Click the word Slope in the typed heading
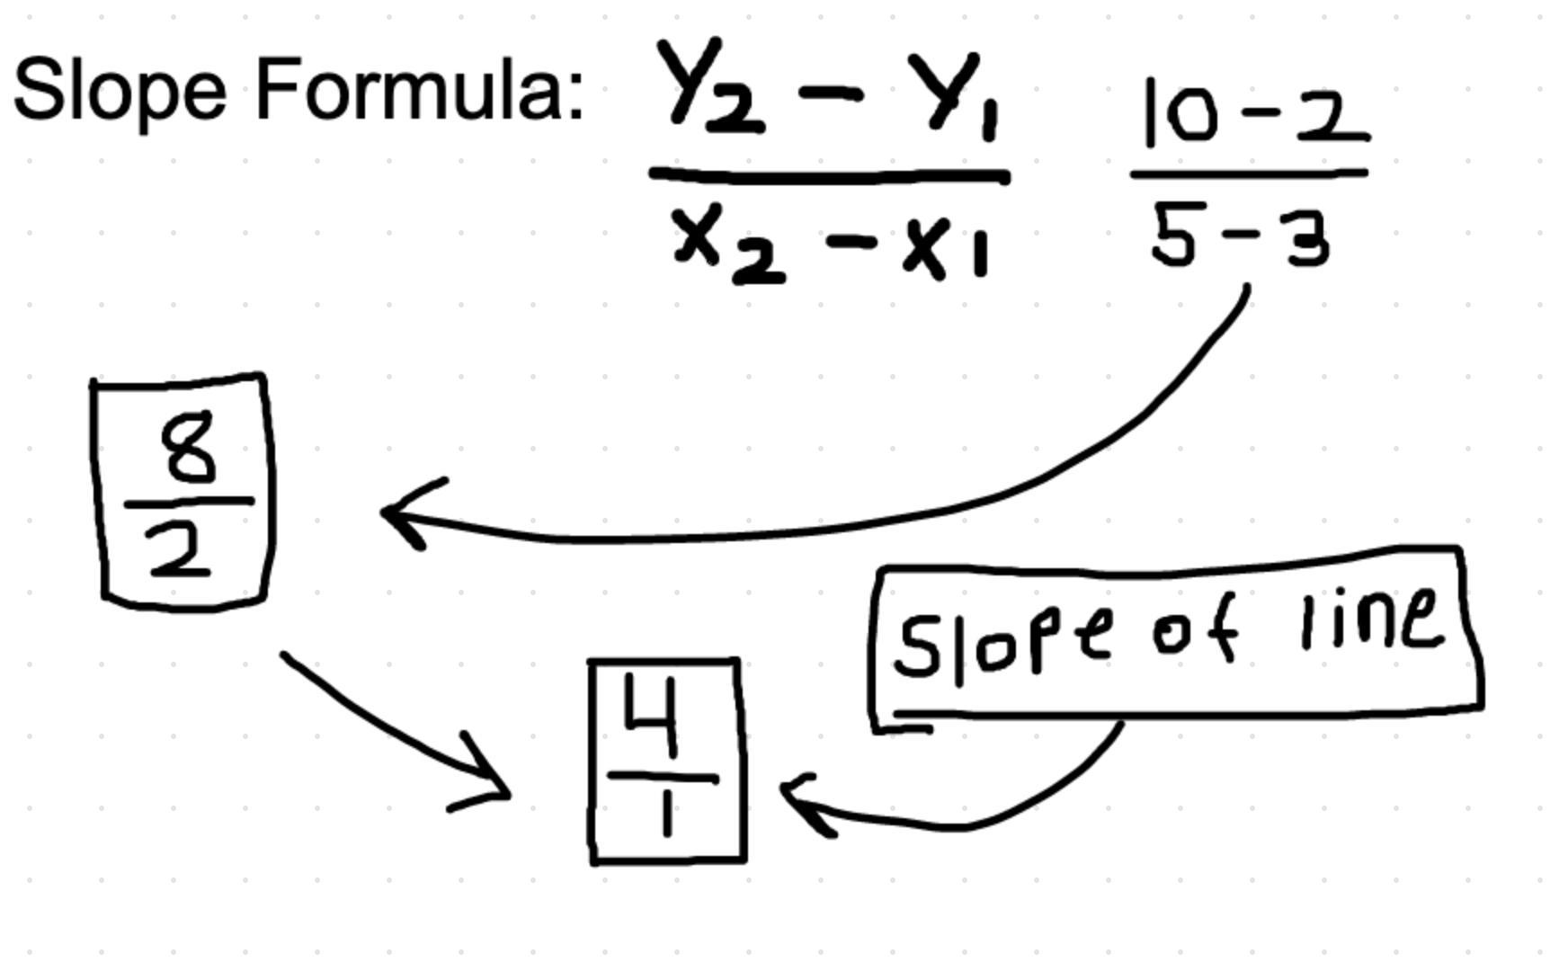(120, 91)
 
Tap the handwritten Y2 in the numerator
(710, 88)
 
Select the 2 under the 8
(181, 551)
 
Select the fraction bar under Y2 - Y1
(829, 175)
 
